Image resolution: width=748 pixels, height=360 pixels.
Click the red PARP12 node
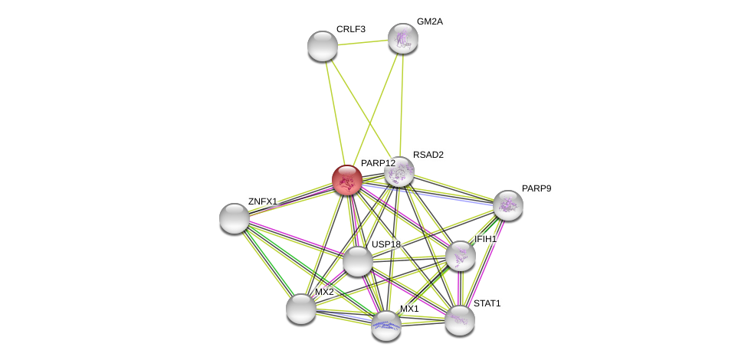(347, 180)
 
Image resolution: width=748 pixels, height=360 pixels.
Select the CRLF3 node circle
(323, 46)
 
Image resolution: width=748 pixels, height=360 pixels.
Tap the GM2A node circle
(402, 38)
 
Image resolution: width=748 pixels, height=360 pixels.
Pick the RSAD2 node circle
(399, 172)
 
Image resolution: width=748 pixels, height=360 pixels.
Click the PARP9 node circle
(507, 205)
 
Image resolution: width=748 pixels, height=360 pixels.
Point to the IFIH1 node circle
(460, 256)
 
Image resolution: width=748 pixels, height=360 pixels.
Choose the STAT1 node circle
(460, 320)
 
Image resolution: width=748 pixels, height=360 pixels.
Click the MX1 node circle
(385, 326)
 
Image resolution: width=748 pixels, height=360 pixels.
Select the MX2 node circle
(301, 309)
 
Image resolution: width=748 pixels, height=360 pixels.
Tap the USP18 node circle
(358, 261)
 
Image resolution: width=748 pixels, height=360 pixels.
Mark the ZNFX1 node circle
(235, 218)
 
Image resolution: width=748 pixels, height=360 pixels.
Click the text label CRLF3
(351, 29)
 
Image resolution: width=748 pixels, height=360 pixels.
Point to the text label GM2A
(430, 21)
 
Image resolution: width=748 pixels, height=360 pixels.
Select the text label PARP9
(536, 188)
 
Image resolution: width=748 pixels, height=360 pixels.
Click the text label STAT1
(487, 303)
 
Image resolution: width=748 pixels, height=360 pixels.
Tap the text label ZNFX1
(262, 201)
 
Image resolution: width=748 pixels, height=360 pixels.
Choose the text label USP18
(386, 244)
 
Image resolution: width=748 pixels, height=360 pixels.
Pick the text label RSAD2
(428, 155)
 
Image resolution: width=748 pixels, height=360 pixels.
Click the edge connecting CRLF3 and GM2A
(362, 42)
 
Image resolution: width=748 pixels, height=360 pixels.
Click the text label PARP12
(378, 163)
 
